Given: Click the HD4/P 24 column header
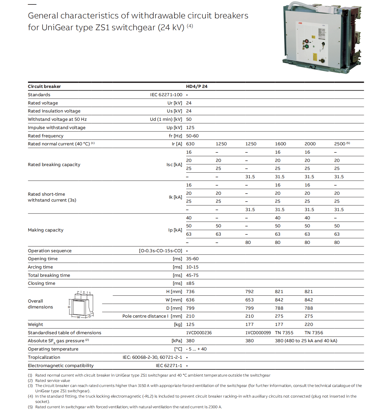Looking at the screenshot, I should pos(196,86).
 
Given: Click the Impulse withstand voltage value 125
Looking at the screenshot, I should pos(190,128).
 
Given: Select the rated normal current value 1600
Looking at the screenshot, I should pos(280,144).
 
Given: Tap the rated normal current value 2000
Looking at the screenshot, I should pos(310,144).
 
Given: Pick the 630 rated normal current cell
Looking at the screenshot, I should pos(190,144).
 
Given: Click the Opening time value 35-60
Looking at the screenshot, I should pos(192,259).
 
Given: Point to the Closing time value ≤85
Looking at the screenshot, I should pos(190,283).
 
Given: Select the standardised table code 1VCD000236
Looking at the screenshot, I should pos(199,333).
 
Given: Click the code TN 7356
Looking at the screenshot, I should pos(313,333).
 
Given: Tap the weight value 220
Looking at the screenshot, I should pos(308,324).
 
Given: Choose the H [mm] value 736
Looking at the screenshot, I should pos(190,292).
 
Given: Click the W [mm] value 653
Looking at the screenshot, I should pos(249,300).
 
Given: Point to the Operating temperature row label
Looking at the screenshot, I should pos(53,349).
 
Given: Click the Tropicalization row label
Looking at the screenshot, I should pos(44,357).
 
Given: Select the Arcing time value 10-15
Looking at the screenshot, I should pos(192,267).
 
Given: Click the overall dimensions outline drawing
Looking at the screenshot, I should pos(81,304).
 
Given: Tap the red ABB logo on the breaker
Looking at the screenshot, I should pos(300,23).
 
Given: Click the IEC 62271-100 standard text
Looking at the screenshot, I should pos(166,95).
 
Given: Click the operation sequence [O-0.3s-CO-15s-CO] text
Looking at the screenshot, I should pos(160,251).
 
